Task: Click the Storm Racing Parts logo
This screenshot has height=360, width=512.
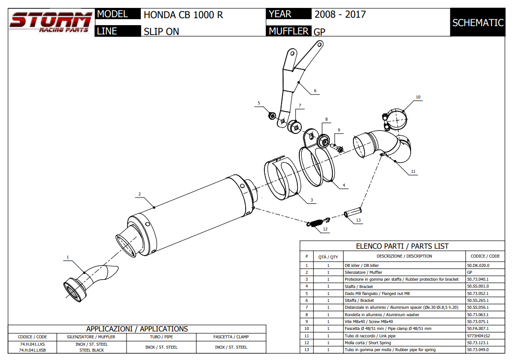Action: pos(50,22)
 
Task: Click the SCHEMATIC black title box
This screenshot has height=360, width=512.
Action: pos(478,23)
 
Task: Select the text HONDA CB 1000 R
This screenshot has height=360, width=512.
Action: pos(183,15)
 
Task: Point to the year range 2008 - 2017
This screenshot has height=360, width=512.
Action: pos(340,14)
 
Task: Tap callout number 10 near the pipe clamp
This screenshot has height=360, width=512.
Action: pos(418,97)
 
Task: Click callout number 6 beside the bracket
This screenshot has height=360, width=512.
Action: pos(315,91)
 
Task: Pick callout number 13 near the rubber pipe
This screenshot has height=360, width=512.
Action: pos(358,220)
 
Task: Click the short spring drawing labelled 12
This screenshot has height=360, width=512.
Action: pos(317,223)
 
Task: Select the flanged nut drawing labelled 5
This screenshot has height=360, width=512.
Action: pos(271,116)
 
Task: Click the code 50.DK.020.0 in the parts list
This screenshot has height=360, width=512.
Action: pos(478,265)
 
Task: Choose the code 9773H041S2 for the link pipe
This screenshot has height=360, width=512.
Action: pos(478,336)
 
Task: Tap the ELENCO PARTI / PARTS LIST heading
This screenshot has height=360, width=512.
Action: pos(402,246)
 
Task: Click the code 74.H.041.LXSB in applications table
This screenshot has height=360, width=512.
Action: pos(32,350)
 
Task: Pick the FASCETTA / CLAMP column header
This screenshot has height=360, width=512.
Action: pos(231,337)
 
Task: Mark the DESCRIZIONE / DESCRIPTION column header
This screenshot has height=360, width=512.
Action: pos(404,256)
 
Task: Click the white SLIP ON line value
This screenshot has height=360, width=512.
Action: pos(161,32)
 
